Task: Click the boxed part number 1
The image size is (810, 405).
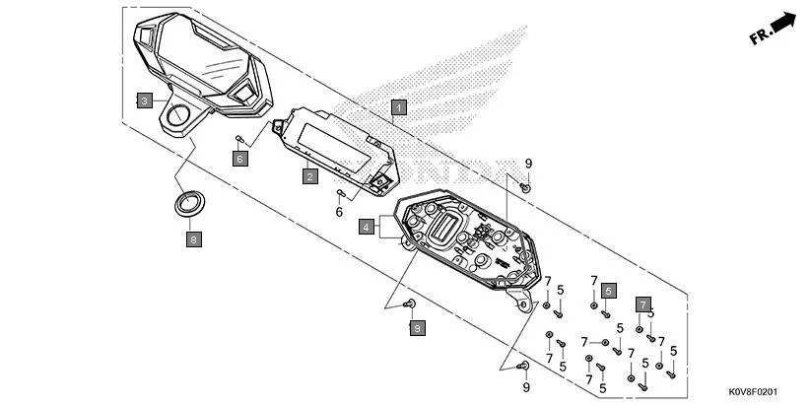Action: tap(398, 106)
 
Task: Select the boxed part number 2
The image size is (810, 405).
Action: tap(309, 176)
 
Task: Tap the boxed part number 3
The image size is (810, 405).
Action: tap(144, 101)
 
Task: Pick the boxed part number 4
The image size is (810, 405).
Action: tap(366, 227)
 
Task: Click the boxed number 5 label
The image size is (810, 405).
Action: tap(609, 291)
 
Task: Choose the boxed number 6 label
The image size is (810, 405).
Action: tap(239, 158)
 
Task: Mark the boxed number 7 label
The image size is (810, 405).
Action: tap(642, 304)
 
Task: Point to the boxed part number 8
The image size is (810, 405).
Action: tap(194, 237)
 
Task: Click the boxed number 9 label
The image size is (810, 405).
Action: tap(417, 327)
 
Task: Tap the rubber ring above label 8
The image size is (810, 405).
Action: tap(187, 204)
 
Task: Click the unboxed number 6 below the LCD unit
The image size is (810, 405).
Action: tap(339, 212)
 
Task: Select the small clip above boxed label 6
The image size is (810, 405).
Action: tap(239, 138)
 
